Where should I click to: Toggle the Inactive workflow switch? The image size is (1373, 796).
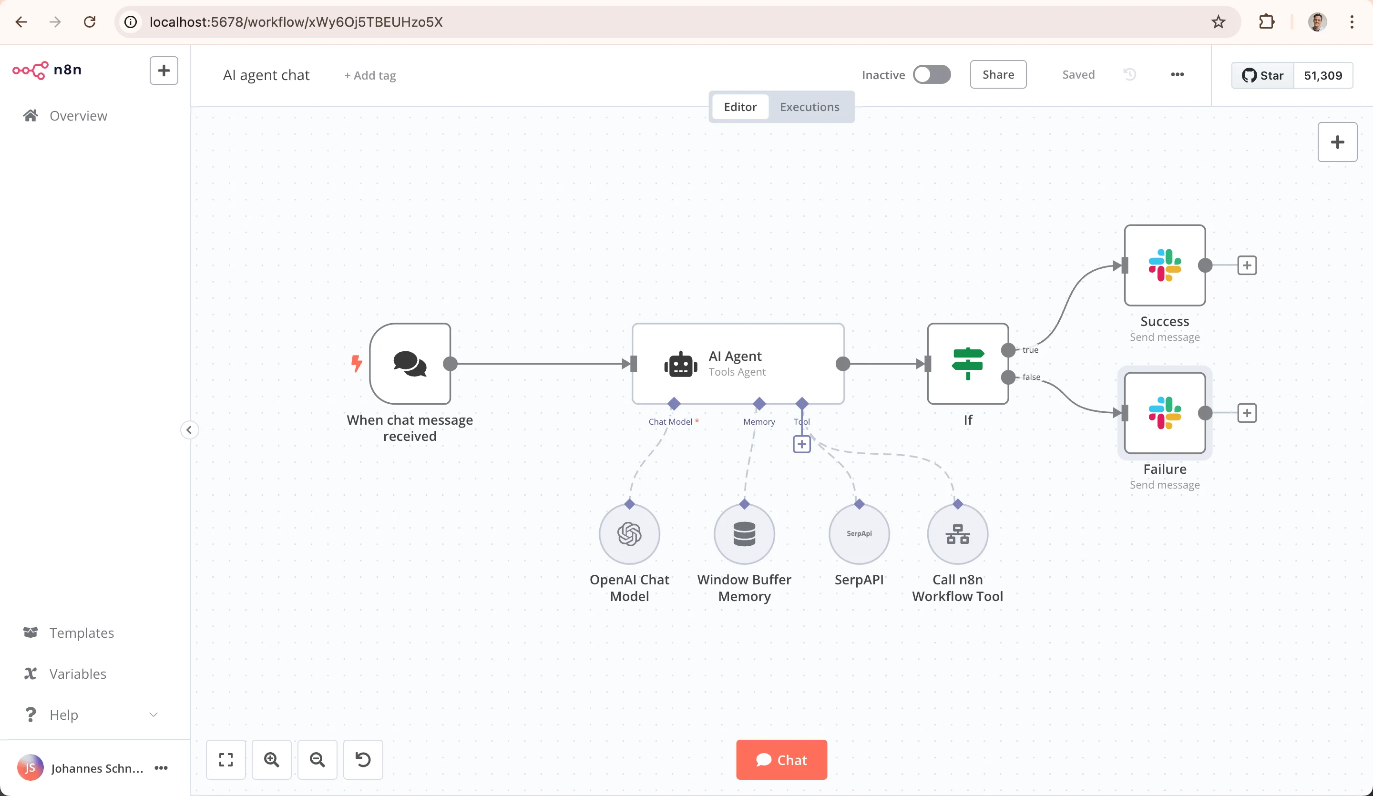tap(932, 75)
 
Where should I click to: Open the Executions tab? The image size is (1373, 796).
tap(809, 107)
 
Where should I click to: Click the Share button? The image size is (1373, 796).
tap(998, 75)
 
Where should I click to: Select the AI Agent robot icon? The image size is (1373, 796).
tap(680, 365)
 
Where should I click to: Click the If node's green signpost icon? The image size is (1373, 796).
tap(968, 363)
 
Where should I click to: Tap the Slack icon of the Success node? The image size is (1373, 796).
tap(1164, 265)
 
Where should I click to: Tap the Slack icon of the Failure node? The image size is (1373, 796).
tap(1164, 413)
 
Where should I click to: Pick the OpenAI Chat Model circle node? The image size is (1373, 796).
tap(629, 534)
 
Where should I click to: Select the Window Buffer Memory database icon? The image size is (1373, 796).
tap(744, 534)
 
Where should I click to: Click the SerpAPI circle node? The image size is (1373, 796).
tap(859, 534)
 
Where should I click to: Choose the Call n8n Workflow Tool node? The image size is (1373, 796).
tap(957, 534)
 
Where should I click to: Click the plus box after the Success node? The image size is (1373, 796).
tap(1247, 265)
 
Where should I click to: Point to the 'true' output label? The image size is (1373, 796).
tap(1030, 350)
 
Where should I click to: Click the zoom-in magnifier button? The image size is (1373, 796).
tap(271, 759)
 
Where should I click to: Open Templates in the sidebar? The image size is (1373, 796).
tap(82, 633)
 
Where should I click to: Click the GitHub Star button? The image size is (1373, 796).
tap(1262, 75)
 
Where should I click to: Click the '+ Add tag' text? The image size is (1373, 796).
tap(370, 76)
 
